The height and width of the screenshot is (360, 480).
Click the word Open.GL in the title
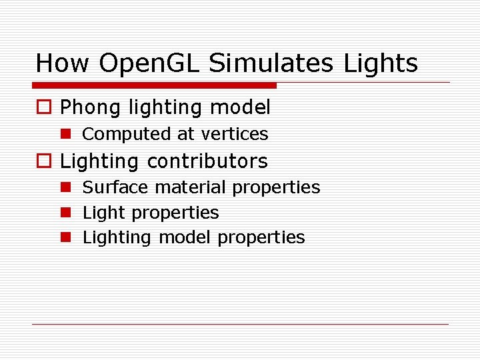[x=150, y=64]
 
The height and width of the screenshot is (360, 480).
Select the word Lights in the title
[x=381, y=64]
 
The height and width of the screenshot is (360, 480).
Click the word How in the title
[x=62, y=64]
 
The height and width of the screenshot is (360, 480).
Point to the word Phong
[x=90, y=107]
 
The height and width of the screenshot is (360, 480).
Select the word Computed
[x=126, y=134]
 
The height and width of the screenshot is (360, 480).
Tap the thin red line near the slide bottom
[x=240, y=325]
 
